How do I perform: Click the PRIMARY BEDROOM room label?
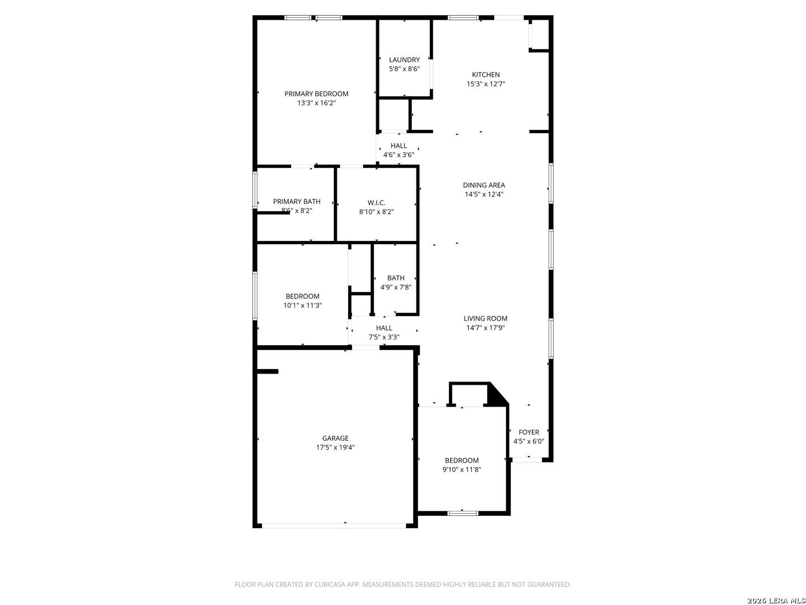(x=316, y=94)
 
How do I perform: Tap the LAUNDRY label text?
(x=404, y=59)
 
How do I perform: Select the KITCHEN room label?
(x=485, y=75)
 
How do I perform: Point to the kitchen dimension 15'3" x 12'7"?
(x=485, y=84)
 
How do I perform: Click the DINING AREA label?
(x=484, y=185)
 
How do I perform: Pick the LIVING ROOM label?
(x=485, y=319)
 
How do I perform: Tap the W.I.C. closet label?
(x=376, y=203)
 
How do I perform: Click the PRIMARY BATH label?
(x=297, y=201)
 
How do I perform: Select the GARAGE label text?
(x=335, y=438)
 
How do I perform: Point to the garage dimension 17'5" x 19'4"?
(x=335, y=448)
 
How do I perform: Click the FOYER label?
(x=528, y=432)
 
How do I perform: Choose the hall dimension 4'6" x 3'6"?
(x=399, y=155)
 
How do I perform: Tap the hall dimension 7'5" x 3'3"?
(x=384, y=337)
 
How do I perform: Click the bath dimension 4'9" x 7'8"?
(x=396, y=287)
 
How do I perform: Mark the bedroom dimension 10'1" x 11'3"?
(x=302, y=305)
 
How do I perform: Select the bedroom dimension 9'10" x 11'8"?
(x=462, y=469)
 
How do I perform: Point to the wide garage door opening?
(x=334, y=526)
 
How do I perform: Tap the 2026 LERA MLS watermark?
(x=775, y=600)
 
